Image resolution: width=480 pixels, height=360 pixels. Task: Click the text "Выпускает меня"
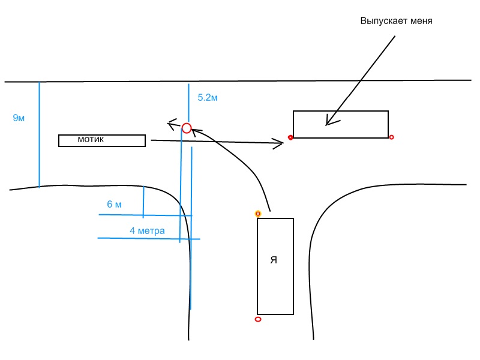tap(396, 21)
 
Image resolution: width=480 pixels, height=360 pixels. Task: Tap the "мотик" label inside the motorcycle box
tap(91, 139)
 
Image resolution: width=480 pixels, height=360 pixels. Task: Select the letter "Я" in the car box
tap(274, 260)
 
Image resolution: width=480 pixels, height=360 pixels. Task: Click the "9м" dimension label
tap(19, 118)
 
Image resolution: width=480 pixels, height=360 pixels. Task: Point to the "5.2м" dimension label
tap(207, 97)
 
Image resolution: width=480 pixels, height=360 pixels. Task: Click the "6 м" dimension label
tap(114, 205)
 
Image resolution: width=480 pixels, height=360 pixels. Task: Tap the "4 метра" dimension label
tap(147, 230)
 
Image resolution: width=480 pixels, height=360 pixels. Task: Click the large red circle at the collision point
tap(187, 128)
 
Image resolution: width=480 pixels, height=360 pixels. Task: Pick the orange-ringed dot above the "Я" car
tap(258, 214)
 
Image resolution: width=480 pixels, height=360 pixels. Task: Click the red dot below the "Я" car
tap(258, 319)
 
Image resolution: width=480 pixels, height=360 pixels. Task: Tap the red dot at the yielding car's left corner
tap(290, 138)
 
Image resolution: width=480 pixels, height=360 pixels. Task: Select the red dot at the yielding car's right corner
tap(392, 137)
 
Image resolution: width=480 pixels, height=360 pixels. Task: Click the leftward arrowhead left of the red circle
tap(171, 125)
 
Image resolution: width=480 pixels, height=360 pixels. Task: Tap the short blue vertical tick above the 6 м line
tap(143, 202)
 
